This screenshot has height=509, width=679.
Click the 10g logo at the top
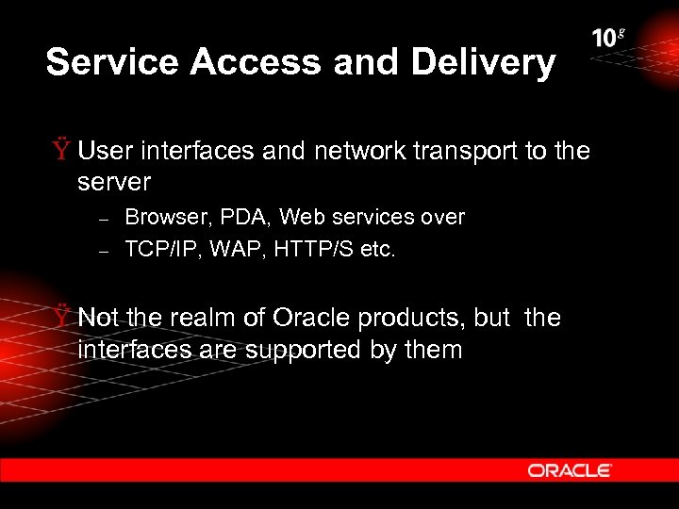(608, 39)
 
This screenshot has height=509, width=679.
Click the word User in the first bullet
(106, 151)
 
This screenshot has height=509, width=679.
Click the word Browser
(166, 217)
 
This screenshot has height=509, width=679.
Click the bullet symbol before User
(61, 151)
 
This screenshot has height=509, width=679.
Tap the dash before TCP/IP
(106, 251)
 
